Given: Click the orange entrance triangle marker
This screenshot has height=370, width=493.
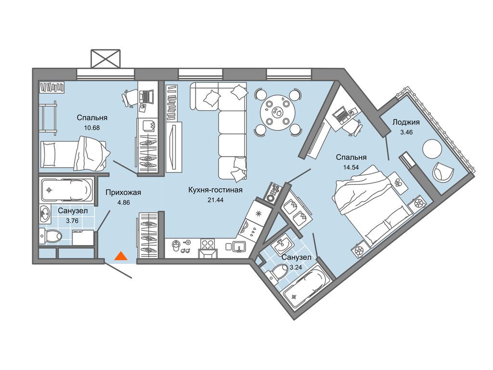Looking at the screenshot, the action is point(121,256).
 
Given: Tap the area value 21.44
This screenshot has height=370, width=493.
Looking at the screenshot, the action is point(215,199).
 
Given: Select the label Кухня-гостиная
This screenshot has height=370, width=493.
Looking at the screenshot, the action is point(215,190).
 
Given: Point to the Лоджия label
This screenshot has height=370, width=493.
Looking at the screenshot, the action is point(406,122).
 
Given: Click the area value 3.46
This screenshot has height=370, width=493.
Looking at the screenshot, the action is point(406,132).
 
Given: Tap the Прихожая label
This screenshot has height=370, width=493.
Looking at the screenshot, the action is point(123,192).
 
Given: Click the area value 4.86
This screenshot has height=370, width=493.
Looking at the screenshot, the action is point(124,203).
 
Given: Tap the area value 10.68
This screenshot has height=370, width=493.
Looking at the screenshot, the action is point(92,128).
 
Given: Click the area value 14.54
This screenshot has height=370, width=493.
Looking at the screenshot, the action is point(351,167).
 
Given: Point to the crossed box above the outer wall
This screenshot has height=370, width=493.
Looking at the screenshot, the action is point(105,58).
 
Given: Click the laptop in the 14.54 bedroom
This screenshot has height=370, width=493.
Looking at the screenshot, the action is point(341,115).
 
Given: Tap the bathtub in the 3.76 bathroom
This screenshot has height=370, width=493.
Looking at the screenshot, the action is point(67,190).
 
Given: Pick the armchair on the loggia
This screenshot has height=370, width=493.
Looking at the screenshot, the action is point(443,172).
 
